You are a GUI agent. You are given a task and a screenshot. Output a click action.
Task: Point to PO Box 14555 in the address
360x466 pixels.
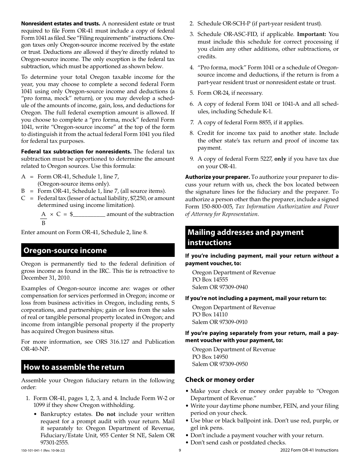[x=210, y=280]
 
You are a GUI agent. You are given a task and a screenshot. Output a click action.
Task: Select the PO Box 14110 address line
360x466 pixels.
[x=210, y=314]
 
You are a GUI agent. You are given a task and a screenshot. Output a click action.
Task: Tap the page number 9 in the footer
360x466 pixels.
[x=180, y=450]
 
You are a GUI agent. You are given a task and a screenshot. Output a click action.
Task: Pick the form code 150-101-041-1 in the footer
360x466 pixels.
[x=34, y=450]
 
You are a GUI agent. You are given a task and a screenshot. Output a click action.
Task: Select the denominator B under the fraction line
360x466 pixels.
[x=44, y=223]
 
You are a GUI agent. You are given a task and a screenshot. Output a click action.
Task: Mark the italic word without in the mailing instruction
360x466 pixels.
[x=323, y=256]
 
